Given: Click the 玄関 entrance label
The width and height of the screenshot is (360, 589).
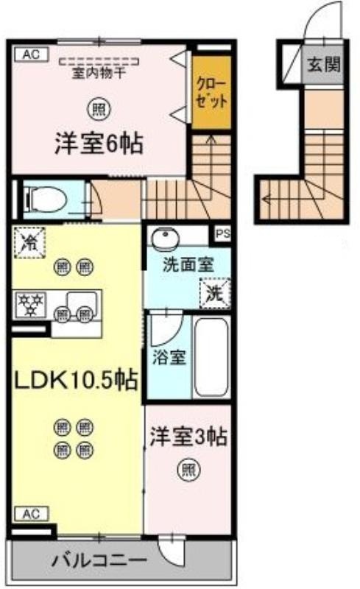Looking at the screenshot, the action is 323,65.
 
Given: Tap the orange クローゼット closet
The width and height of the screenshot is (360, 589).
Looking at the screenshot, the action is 211,93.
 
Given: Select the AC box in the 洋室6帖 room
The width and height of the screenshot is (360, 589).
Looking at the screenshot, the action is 32,54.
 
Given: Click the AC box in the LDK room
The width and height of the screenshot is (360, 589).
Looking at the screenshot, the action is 32,513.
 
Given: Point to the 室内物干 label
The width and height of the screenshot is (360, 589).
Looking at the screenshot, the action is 99,73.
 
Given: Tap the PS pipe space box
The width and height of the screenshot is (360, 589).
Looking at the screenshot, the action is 222,233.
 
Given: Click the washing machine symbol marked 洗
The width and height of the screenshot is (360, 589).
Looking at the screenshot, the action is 215,293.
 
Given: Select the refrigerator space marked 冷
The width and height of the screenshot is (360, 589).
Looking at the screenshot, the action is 29,243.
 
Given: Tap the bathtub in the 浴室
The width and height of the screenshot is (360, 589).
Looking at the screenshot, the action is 212,356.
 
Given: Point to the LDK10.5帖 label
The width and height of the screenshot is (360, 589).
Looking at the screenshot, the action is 75,380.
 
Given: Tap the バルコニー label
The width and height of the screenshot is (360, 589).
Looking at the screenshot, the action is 99,561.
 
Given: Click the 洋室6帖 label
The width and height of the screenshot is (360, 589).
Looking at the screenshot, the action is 99,143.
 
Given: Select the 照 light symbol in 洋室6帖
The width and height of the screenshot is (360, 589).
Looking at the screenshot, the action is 99,109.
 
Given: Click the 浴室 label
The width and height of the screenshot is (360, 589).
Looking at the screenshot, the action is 169,357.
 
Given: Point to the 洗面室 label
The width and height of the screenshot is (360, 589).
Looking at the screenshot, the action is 188,265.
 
